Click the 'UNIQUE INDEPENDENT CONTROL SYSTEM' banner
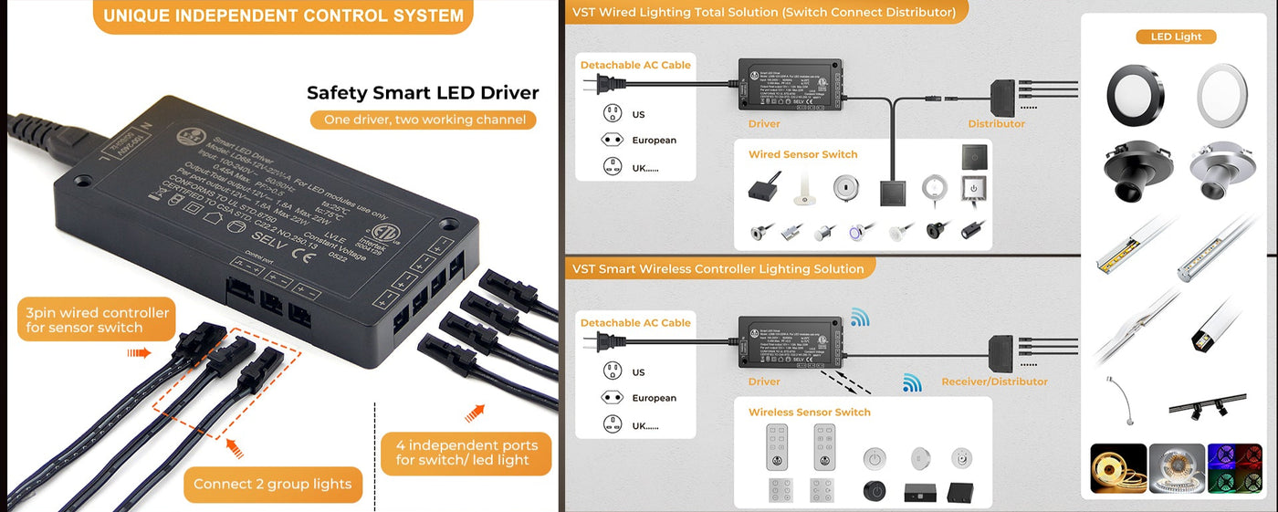pyautogui.click(x=283, y=16)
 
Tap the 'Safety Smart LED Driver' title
pyautogui.click(x=423, y=92)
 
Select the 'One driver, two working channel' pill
pyautogui.click(x=423, y=120)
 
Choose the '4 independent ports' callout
pyautogui.click(x=466, y=452)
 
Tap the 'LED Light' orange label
pyautogui.click(x=1176, y=37)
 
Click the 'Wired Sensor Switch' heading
pyautogui.click(x=802, y=154)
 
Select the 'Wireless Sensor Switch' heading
pyautogui.click(x=809, y=412)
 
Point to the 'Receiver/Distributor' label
pyautogui.click(x=994, y=381)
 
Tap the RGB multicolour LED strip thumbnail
pyautogui.click(x=1235, y=468)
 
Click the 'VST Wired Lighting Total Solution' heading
pyautogui.click(x=763, y=12)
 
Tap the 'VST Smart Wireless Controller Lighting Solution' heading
pyautogui.click(x=718, y=268)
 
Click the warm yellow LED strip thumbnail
pyautogui.click(x=1118, y=468)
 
